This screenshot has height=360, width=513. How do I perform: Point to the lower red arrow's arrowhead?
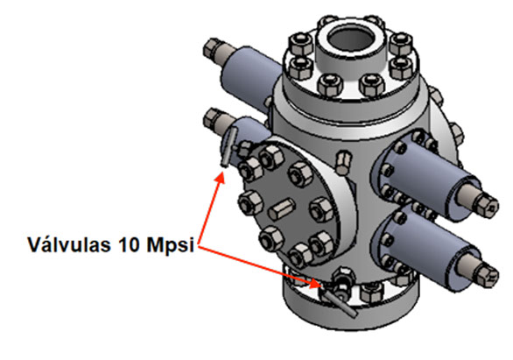tap(319, 283)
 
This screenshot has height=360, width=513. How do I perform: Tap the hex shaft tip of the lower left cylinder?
tap(211, 117)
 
